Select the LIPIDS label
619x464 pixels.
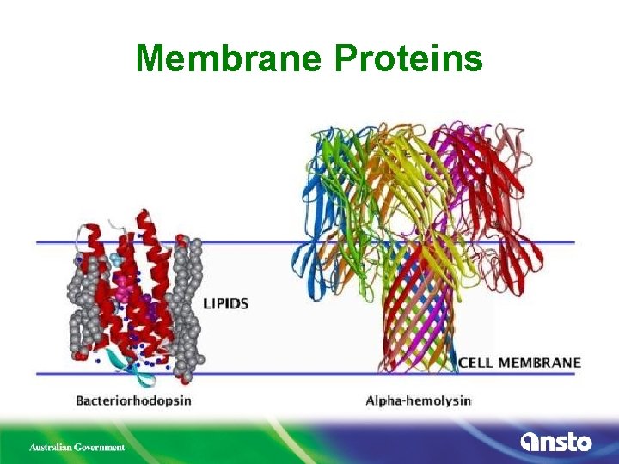226,303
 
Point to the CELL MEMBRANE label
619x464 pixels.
519,363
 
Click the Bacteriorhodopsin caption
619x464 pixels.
133,400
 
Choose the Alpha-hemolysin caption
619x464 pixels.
419,400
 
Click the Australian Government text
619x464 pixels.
77,447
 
